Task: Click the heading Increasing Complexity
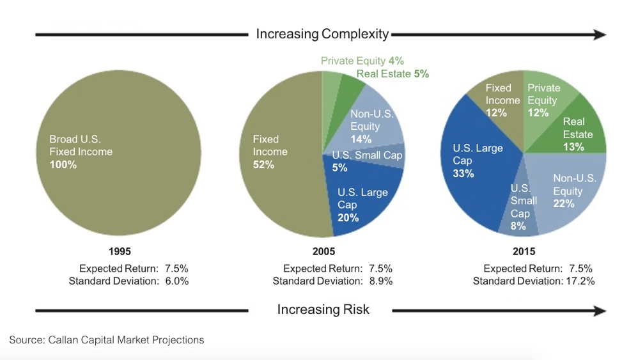click(x=322, y=34)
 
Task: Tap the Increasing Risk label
click(x=323, y=310)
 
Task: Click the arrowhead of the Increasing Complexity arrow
click(x=599, y=35)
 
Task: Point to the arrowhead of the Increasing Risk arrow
click(x=599, y=311)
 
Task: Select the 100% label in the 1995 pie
click(x=63, y=165)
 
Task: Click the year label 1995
click(x=120, y=252)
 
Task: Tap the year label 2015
click(x=524, y=252)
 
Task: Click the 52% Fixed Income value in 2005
click(x=263, y=165)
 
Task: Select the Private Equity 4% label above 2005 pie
click(x=362, y=61)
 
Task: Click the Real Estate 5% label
click(x=393, y=74)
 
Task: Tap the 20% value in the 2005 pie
click(x=348, y=218)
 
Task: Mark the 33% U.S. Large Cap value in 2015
click(x=463, y=173)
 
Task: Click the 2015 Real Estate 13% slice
click(x=579, y=134)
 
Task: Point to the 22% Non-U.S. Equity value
click(x=564, y=204)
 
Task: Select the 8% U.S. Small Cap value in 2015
click(x=518, y=226)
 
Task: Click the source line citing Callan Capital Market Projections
click(x=107, y=340)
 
